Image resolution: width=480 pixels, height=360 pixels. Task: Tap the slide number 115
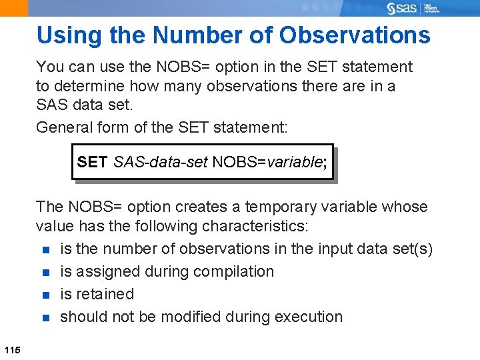(11, 350)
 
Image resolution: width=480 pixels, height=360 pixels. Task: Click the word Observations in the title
(355, 35)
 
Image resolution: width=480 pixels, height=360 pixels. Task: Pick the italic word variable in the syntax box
(294, 162)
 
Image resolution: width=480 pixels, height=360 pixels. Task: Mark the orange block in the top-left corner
(14, 8)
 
